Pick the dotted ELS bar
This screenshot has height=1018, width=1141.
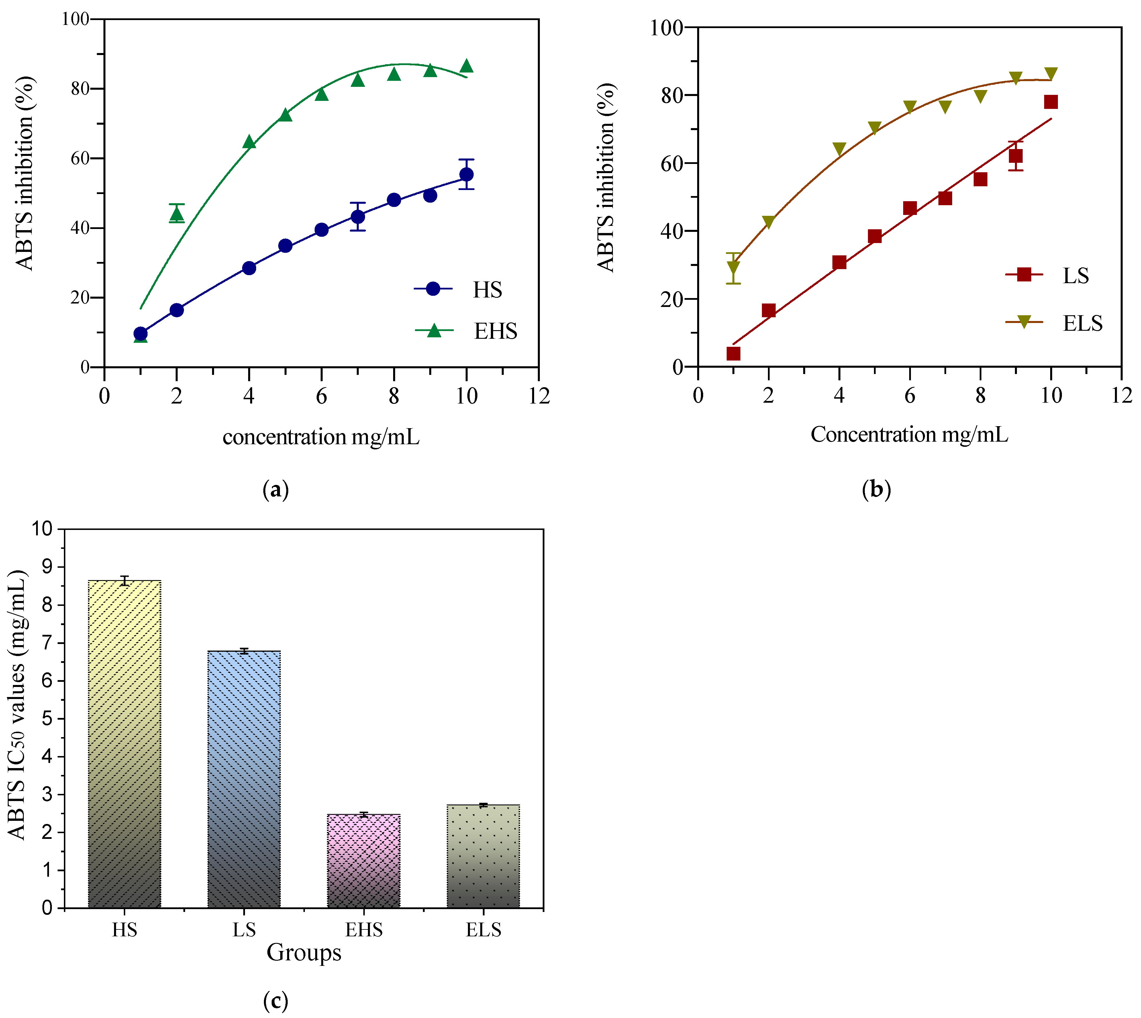point(483,856)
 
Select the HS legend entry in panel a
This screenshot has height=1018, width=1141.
point(459,289)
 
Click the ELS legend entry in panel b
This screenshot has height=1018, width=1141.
point(1054,323)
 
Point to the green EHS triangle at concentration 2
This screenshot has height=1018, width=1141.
point(177,214)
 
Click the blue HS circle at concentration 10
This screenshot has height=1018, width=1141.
point(466,175)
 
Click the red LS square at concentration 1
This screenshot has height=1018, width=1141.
point(733,353)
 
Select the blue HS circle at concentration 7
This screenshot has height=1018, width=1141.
point(358,216)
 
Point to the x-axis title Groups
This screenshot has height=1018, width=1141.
point(304,952)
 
